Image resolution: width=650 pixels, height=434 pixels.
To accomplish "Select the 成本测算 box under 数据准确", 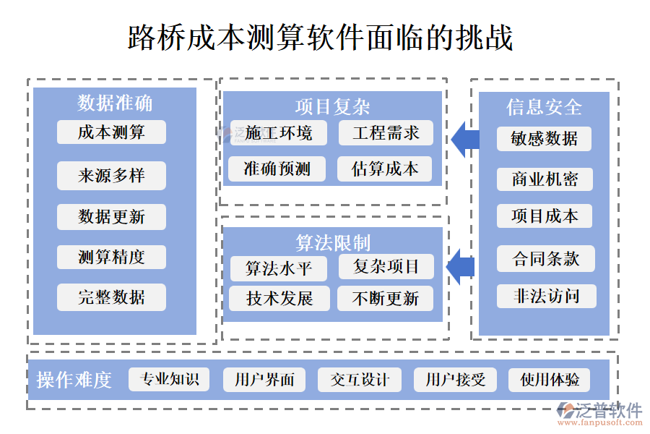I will point(111,132).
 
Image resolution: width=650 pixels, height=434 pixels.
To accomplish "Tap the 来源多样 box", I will point(111,176).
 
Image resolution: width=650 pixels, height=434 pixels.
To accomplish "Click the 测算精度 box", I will point(111,257).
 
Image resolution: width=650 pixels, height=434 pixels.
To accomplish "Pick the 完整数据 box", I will point(111,297).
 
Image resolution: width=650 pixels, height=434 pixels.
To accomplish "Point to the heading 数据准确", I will point(115,103).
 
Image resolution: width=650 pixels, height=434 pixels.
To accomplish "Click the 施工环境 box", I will point(278,133).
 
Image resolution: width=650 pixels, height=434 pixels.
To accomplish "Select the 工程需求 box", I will point(386,133).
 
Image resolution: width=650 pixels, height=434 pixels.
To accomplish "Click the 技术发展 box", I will point(279,299).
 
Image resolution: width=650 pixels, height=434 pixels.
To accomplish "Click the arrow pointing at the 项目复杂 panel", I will point(464,140).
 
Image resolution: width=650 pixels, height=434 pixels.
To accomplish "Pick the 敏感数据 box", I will point(544,139).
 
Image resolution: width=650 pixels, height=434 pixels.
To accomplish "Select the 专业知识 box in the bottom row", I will point(169,380).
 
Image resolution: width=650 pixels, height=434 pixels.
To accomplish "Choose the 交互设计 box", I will point(360,380).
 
